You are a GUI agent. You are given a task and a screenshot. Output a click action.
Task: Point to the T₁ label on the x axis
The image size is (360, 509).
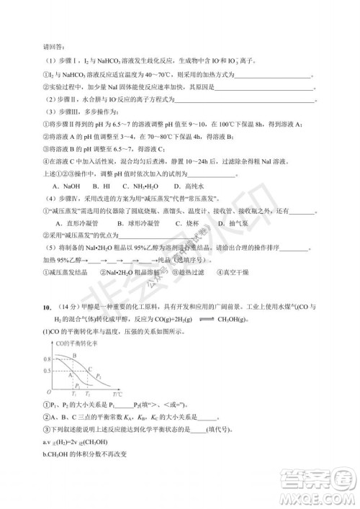[75, 395]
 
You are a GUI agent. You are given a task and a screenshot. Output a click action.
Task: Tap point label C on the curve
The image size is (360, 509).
[90, 369]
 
